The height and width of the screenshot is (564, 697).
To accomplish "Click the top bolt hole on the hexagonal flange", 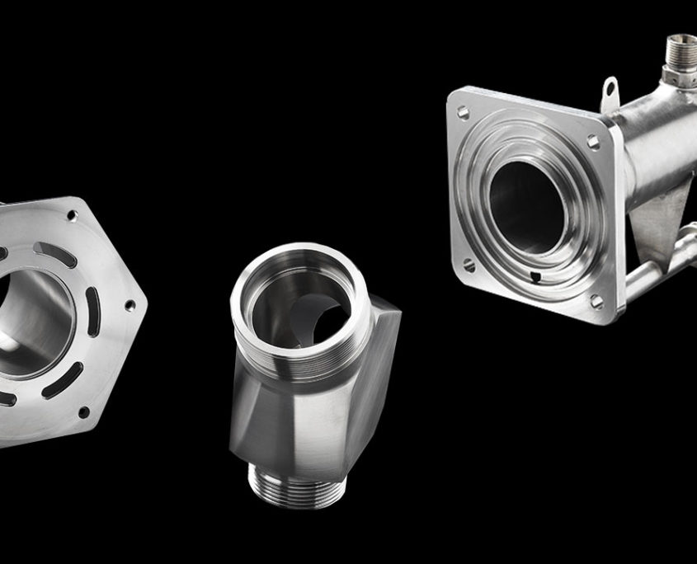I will coord(73,215).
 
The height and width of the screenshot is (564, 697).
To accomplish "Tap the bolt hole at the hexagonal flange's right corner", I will coord(130,305).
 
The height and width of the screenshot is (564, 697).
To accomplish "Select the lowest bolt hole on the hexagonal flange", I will coord(82,411).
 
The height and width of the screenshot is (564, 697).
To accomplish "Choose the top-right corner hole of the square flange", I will coord(593,142).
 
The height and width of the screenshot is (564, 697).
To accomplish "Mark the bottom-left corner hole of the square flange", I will coord(468,266).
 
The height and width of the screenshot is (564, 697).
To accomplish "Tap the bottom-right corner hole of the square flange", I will coord(596,300).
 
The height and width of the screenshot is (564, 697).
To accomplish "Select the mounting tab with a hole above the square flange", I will coord(610,89).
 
